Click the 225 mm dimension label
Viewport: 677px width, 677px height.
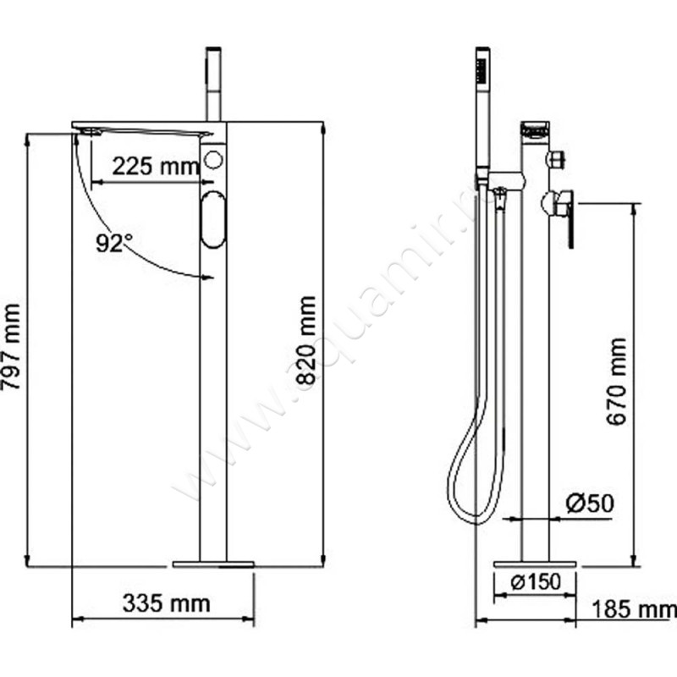pos(156,166)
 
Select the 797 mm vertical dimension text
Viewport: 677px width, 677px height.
pos(11,347)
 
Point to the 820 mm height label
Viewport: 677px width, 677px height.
pos(307,340)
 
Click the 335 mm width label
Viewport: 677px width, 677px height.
pos(167,603)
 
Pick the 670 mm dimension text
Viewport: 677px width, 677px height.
pos(617,382)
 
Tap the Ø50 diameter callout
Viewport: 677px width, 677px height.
pos(590,503)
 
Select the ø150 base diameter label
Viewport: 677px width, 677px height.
pos(536,582)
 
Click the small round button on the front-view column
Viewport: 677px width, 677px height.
pos(213,160)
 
